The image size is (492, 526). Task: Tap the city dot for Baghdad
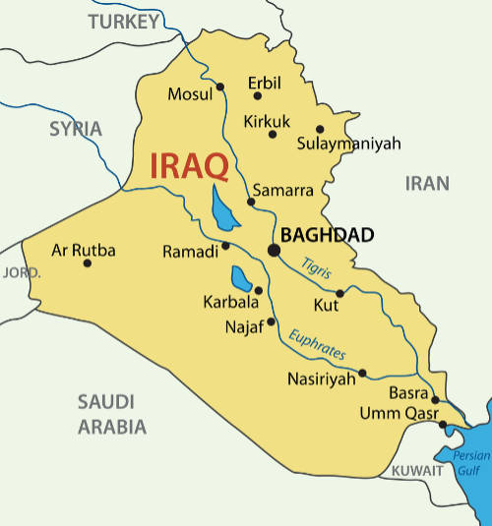275,250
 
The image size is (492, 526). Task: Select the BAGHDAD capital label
328,235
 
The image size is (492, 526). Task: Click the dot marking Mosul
220,87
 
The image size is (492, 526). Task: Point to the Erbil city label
266,83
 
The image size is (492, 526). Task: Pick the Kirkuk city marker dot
273,134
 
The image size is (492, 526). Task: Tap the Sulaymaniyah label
349,144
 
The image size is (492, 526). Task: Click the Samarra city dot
251,203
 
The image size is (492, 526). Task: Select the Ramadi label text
190,253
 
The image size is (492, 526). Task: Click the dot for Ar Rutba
88,263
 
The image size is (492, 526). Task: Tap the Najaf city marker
272,321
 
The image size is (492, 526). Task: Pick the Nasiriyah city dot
363,373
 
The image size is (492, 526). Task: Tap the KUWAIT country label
417,472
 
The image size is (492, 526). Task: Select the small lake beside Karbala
241,279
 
